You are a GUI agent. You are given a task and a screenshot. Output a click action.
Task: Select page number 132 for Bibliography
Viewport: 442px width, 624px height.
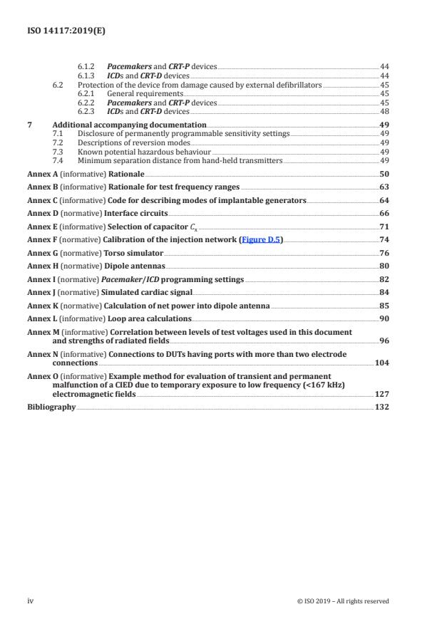coord(381,407)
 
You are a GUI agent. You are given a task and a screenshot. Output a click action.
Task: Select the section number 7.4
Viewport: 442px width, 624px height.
coord(61,160)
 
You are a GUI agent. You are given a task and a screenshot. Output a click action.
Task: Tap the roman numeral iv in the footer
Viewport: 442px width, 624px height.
coord(30,600)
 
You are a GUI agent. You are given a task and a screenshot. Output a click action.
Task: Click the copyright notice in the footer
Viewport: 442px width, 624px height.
coord(343,600)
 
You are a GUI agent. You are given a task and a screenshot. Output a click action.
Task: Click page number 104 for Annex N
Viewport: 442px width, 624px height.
coord(381,363)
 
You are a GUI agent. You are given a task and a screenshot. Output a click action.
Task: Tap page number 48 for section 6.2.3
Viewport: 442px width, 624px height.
coord(384,112)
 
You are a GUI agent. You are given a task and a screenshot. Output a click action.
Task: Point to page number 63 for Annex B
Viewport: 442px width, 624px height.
coord(384,187)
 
